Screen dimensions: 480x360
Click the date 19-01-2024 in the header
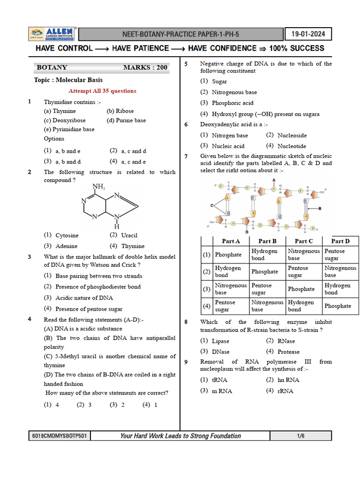tap(308, 34)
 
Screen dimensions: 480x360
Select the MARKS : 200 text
tap(145, 67)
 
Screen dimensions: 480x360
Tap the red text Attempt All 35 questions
tap(103, 91)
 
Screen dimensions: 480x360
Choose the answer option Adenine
tap(67, 246)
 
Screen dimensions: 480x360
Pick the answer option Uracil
tap(129, 235)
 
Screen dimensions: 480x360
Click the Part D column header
tap(340, 241)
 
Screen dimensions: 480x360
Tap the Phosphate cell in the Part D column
tap(337, 306)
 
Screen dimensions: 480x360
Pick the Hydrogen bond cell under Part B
tap(265, 255)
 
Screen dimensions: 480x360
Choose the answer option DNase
tap(221, 352)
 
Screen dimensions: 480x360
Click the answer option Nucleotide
tap(292, 146)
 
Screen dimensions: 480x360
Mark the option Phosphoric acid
tap(232, 103)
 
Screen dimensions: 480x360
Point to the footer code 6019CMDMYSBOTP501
tap(59, 436)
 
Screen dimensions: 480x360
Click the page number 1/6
tap(300, 436)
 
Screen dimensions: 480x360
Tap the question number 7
tap(186, 156)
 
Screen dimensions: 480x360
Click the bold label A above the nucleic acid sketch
tap(274, 180)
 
